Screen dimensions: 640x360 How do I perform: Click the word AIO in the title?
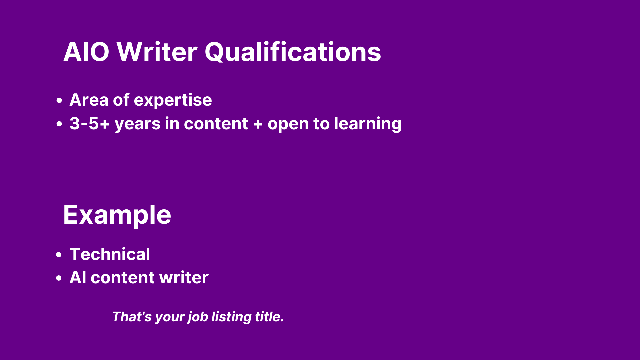click(86, 52)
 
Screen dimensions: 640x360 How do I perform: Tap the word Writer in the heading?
click(157, 52)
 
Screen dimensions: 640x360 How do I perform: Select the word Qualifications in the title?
click(293, 52)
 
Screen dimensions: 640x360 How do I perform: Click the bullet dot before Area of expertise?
click(59, 100)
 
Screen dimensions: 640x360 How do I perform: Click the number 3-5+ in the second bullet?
click(89, 124)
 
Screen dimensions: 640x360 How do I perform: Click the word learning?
click(368, 124)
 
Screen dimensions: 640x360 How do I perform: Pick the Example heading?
click(117, 215)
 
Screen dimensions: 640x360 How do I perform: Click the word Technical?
click(110, 254)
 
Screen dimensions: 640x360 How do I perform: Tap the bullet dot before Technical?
click(59, 255)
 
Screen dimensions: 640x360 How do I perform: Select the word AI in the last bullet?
click(78, 278)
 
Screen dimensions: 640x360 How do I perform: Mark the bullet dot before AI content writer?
click(59, 278)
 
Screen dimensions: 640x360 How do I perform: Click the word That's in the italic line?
click(132, 317)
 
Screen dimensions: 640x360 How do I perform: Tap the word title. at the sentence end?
click(269, 317)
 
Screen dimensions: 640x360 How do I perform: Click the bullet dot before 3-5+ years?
click(59, 124)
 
